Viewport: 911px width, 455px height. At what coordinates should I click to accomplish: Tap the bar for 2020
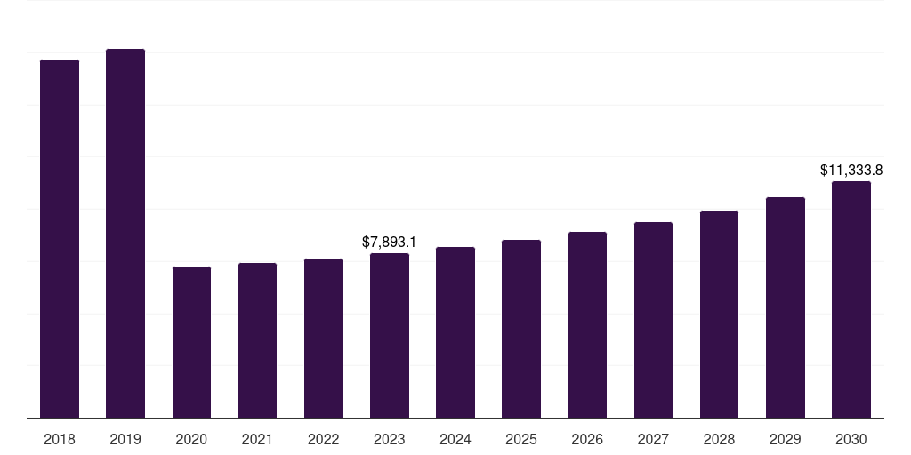(x=191, y=342)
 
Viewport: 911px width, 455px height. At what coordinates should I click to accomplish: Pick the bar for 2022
(x=323, y=338)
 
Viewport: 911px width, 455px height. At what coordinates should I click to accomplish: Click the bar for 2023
(x=390, y=335)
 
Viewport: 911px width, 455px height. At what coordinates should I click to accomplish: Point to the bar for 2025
(x=521, y=329)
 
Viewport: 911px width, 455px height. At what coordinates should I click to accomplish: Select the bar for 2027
(x=653, y=320)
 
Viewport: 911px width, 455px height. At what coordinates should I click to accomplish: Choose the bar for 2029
(x=786, y=307)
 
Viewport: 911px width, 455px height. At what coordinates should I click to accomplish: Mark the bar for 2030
(x=851, y=299)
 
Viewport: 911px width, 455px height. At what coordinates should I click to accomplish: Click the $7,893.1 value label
(x=390, y=242)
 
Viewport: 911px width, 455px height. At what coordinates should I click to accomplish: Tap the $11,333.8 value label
(x=851, y=170)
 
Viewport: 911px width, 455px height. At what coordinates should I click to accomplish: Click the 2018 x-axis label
(x=60, y=439)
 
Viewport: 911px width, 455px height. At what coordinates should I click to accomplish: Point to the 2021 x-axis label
(x=257, y=439)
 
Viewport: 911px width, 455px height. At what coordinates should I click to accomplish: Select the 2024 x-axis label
(x=455, y=439)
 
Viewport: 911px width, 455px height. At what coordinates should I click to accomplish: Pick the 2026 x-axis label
(x=587, y=439)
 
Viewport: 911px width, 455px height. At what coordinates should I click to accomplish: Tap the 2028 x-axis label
(x=719, y=439)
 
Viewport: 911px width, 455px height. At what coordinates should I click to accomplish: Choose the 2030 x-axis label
(x=851, y=439)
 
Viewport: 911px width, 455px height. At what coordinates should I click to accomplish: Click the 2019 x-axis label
(x=125, y=439)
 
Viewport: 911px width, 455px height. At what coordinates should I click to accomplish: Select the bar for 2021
(x=257, y=340)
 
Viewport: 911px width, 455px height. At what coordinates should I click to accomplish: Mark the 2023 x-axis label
(x=390, y=439)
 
